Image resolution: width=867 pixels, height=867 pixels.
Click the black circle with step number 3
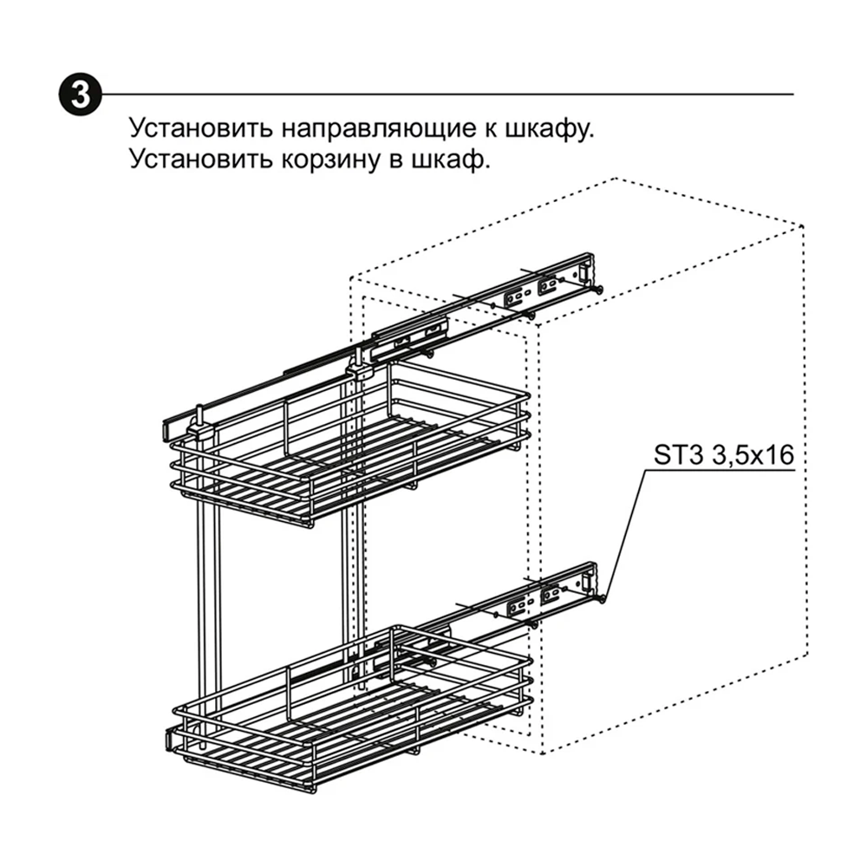point(80,94)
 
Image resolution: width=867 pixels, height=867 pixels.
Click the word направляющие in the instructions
point(379,128)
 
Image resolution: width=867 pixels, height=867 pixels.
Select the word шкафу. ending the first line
point(550,128)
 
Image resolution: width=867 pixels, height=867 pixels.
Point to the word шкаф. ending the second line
point(449,160)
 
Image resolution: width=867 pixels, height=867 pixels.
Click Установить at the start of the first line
point(201,127)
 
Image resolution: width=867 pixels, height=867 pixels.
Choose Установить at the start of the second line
point(201,160)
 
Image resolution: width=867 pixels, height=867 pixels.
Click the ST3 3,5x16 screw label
point(723,455)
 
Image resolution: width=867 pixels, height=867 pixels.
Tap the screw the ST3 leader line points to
point(601,598)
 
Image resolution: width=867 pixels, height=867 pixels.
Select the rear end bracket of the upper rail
point(585,271)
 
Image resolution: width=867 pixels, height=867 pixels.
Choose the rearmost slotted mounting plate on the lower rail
point(551,595)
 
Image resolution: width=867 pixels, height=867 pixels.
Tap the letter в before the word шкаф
point(396,162)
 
